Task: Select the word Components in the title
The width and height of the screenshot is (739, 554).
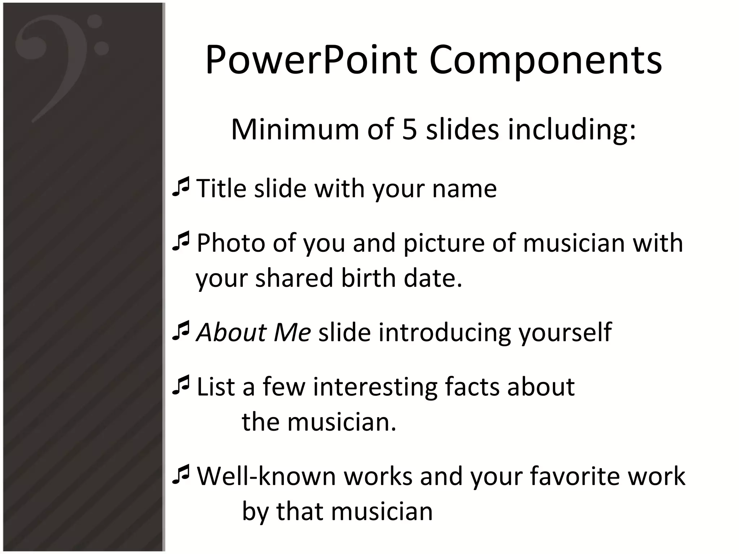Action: (545, 60)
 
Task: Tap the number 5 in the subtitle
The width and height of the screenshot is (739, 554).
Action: (409, 129)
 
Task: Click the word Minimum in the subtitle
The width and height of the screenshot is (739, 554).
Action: (294, 129)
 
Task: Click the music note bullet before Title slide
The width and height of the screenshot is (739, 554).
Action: (181, 187)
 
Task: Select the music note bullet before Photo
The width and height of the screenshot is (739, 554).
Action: (181, 242)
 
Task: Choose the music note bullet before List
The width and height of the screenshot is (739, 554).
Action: (181, 386)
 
